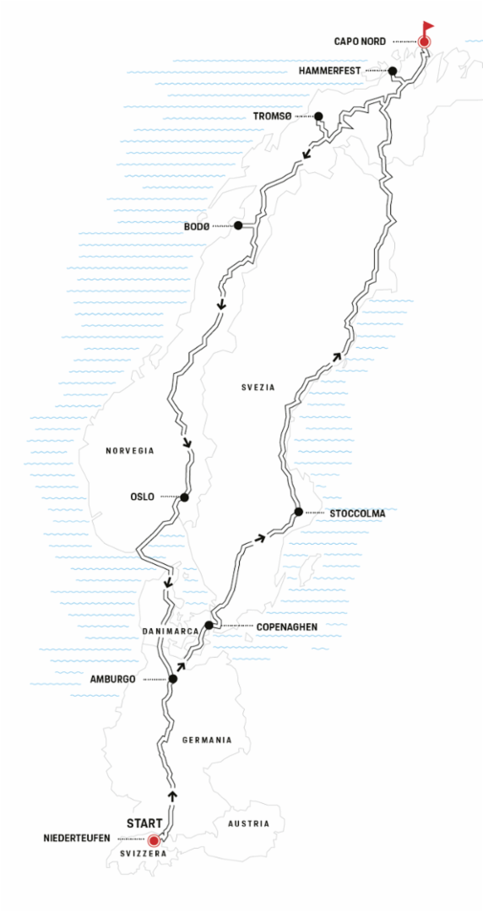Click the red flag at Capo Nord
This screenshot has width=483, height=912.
(428, 27)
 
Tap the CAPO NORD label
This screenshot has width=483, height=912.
(360, 41)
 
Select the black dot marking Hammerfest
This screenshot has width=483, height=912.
(392, 71)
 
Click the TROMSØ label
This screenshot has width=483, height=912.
(273, 117)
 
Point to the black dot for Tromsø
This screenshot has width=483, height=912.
(318, 116)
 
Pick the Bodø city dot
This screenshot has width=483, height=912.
(238, 225)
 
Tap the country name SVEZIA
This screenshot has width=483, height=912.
(258, 387)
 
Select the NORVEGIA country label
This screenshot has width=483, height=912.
(130, 450)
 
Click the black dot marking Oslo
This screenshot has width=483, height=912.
(184, 497)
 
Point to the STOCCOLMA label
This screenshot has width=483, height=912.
(357, 513)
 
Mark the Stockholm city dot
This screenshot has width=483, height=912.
(299, 512)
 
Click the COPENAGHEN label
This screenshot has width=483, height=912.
(286, 627)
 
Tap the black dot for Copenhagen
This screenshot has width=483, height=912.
(209, 625)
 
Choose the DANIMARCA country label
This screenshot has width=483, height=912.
(168, 631)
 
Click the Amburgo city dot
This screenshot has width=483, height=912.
(172, 679)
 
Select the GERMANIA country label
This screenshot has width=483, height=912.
(207, 740)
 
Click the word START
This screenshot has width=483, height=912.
(144, 824)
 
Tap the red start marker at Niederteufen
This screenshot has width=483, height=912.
(154, 840)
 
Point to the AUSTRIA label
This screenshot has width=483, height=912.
(249, 823)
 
